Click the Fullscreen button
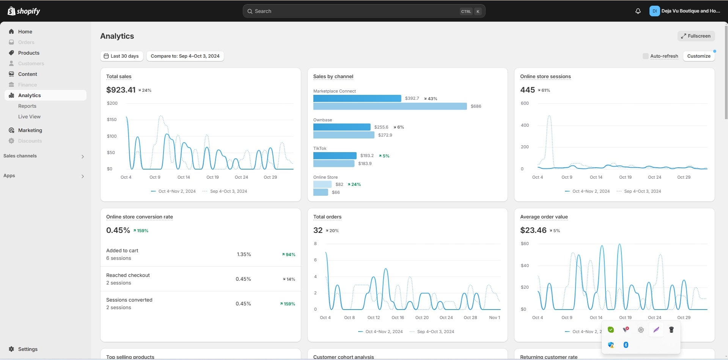[x=696, y=36]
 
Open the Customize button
[x=698, y=56]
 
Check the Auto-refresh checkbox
[x=645, y=56]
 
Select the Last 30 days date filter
[x=121, y=56]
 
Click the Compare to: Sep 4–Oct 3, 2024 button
[x=185, y=56]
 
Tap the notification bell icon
[x=638, y=11]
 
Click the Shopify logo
[x=24, y=11]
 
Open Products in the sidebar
[x=28, y=53]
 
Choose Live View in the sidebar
[x=29, y=116]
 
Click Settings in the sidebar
[x=28, y=349]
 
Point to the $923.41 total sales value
[x=121, y=90]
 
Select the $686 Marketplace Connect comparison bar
[x=390, y=106]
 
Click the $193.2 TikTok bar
[x=335, y=156]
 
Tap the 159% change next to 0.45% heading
[x=141, y=231]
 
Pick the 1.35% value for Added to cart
[x=244, y=254]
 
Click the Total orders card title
[x=327, y=217]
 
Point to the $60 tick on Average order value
[x=525, y=244]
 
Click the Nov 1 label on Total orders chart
[x=494, y=318]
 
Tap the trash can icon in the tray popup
[x=671, y=330]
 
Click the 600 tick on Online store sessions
[x=525, y=103]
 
